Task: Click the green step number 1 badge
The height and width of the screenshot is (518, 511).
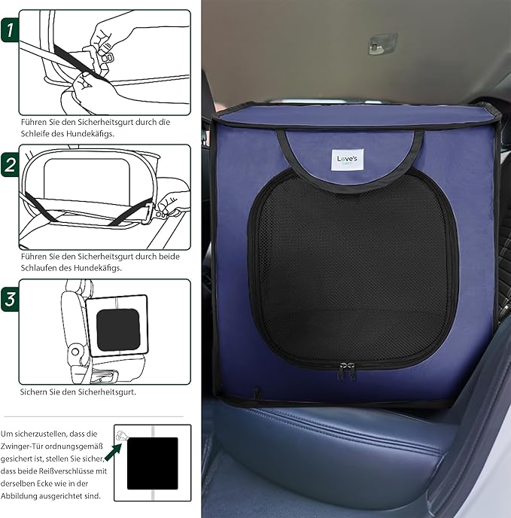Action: point(10,31)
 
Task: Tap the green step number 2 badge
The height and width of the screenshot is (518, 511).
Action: point(10,165)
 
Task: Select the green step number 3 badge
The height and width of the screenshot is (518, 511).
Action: point(10,298)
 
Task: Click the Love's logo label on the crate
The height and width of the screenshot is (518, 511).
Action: point(348,160)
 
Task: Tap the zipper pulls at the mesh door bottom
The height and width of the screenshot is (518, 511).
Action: point(348,369)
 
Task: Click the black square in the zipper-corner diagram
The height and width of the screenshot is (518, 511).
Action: point(153,463)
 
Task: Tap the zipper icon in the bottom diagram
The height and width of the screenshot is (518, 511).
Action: point(122,436)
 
